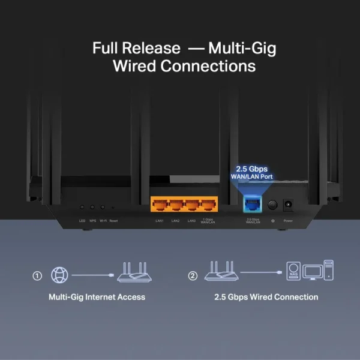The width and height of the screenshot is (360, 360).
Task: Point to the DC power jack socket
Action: pyautogui.click(x=288, y=205)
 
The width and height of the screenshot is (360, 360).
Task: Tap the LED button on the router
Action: pyautogui.click(x=82, y=206)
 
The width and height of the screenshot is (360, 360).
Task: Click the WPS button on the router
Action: pyautogui.click(x=92, y=206)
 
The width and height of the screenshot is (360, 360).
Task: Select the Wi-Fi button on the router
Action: pyautogui.click(x=103, y=206)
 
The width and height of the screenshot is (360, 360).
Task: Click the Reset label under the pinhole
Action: pyautogui.click(x=113, y=221)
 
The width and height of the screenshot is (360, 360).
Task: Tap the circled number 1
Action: pyautogui.click(x=37, y=276)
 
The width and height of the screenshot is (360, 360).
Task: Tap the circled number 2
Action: pyautogui.click(x=193, y=276)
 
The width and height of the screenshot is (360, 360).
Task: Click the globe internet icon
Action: pyautogui.click(x=59, y=275)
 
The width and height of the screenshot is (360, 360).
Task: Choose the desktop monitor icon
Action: pyautogui.click(x=312, y=273)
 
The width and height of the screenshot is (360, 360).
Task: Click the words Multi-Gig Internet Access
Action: pyautogui.click(x=97, y=297)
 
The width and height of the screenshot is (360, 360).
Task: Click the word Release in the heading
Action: pyautogui.click(x=152, y=48)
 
